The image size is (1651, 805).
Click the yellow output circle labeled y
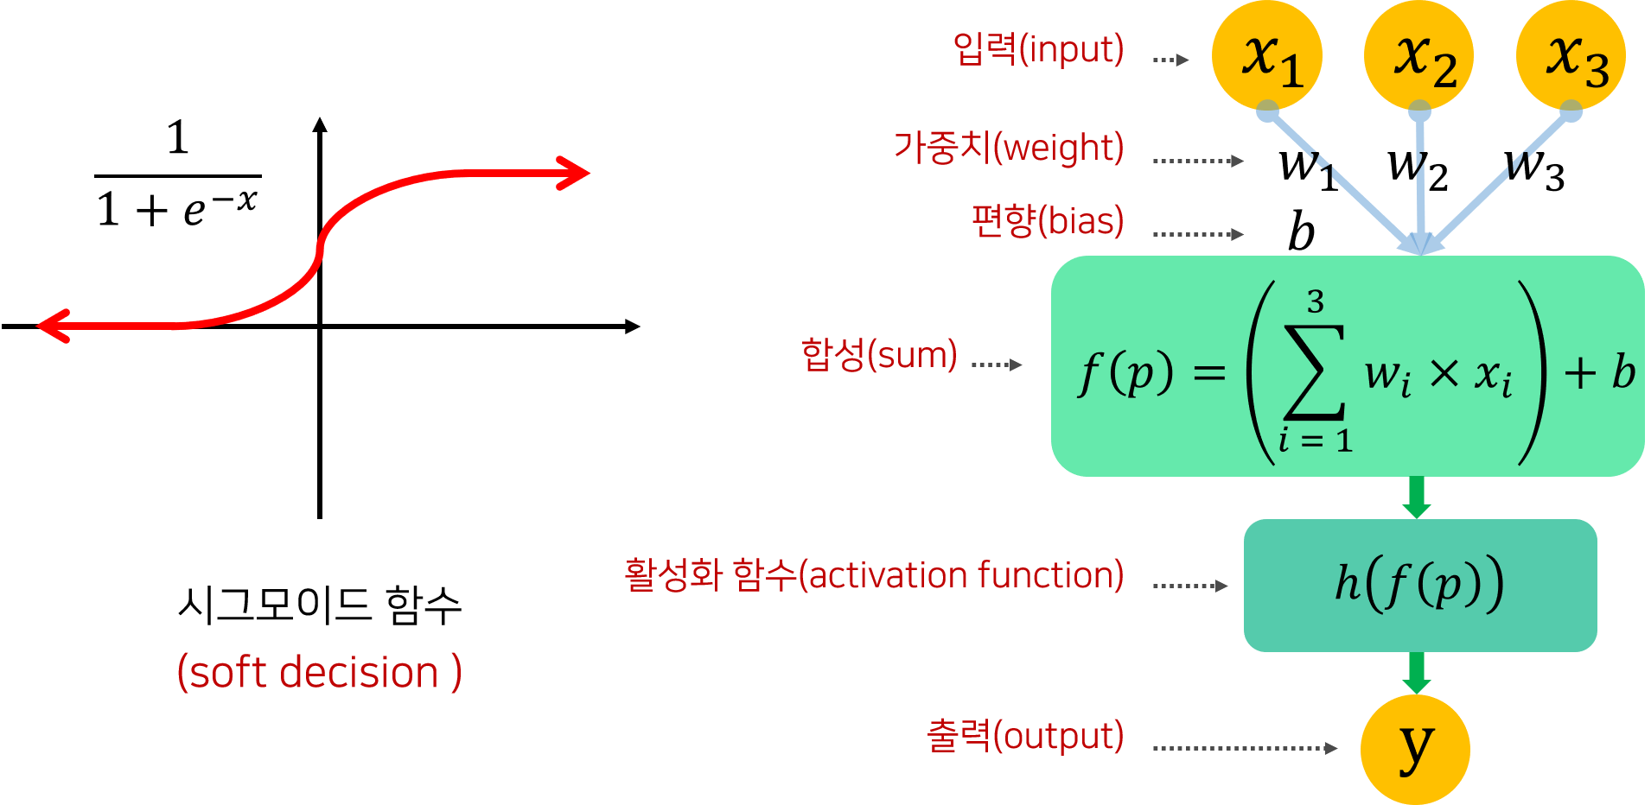1415,749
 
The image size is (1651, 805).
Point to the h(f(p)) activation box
1419,585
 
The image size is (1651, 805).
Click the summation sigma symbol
1315,371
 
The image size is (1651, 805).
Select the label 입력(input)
1038,49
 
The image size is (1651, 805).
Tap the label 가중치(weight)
1009,148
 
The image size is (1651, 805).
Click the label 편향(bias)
1048,221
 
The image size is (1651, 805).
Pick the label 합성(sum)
879,354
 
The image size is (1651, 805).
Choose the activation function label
874,575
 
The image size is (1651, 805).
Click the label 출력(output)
1025,736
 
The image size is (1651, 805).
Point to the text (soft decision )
319,672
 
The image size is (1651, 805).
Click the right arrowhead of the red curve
577,174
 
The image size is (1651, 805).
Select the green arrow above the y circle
1416,673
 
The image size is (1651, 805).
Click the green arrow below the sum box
1416,497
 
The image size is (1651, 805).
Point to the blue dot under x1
1267,111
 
